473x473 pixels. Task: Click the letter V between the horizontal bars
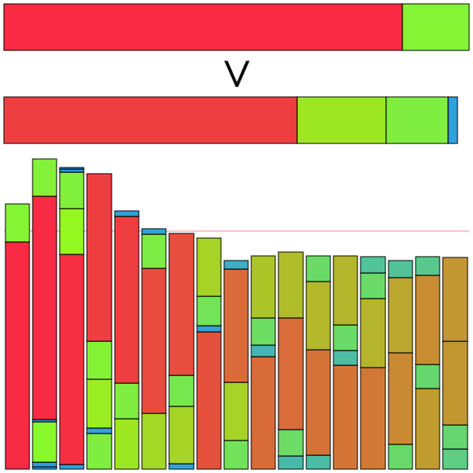(x=236, y=74)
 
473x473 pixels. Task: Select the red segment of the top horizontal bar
(x=202, y=27)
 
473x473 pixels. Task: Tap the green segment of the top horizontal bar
(x=435, y=27)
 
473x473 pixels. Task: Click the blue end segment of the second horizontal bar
(x=453, y=120)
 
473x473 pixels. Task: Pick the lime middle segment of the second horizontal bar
(x=341, y=120)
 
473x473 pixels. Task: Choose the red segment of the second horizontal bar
(x=150, y=120)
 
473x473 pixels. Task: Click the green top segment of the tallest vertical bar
(x=44, y=178)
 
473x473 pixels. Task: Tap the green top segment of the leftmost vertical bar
(x=17, y=223)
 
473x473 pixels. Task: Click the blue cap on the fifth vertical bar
(x=126, y=213)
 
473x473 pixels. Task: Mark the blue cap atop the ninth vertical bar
(x=236, y=264)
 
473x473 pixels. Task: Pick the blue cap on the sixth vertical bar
(x=154, y=231)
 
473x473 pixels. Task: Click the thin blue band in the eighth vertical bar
(x=209, y=329)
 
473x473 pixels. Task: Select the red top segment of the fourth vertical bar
(x=99, y=257)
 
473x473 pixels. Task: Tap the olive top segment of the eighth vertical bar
(x=209, y=267)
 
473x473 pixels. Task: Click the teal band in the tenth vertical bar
(x=263, y=350)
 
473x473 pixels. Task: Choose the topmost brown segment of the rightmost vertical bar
(x=454, y=299)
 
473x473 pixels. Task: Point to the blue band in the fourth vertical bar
(x=99, y=430)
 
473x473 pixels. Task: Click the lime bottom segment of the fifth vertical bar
(x=126, y=444)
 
